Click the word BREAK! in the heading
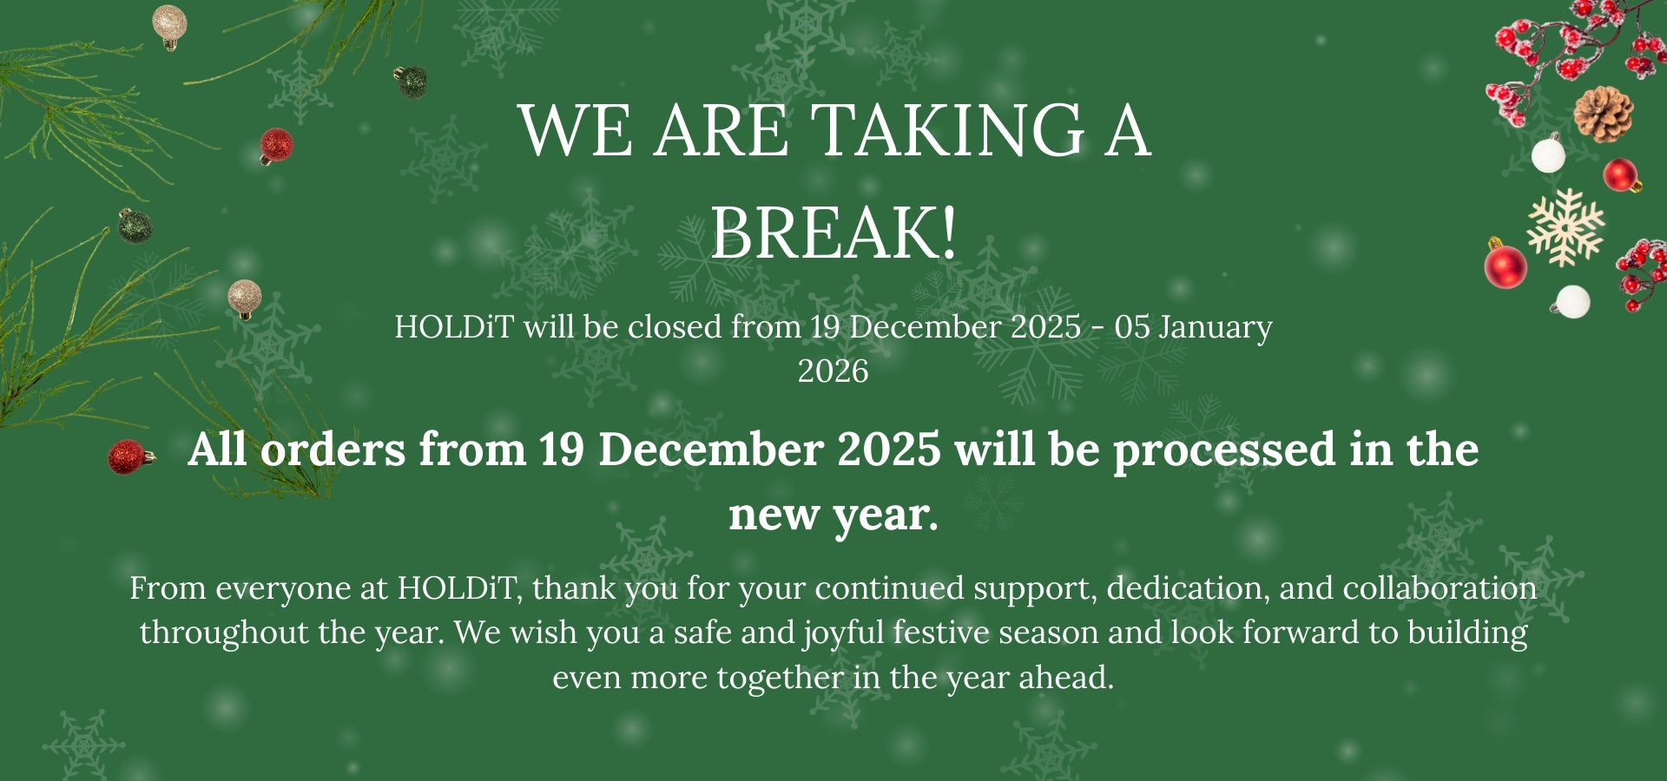click(833, 232)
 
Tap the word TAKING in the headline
click(947, 130)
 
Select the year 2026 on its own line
click(833, 371)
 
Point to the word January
click(1216, 328)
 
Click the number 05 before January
click(1132, 327)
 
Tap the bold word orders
click(333, 450)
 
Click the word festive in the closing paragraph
click(941, 633)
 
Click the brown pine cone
click(1603, 114)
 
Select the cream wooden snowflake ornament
click(1565, 227)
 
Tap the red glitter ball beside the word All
click(128, 457)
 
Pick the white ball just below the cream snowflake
click(1571, 302)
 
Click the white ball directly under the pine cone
click(1548, 155)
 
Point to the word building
click(1467, 633)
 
